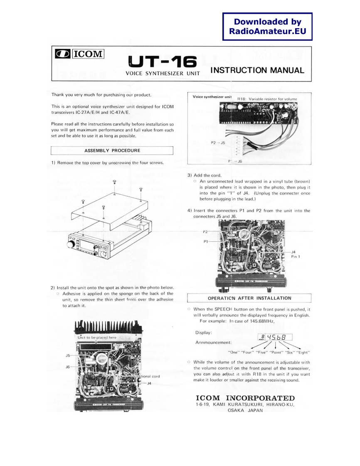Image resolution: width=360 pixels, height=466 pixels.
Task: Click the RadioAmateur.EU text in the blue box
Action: click(x=267, y=31)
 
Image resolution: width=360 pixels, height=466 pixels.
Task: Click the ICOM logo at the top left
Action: click(x=79, y=54)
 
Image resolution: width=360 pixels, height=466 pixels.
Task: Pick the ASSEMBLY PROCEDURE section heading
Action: click(x=111, y=150)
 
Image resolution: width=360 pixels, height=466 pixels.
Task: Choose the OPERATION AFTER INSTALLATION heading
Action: click(x=249, y=297)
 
